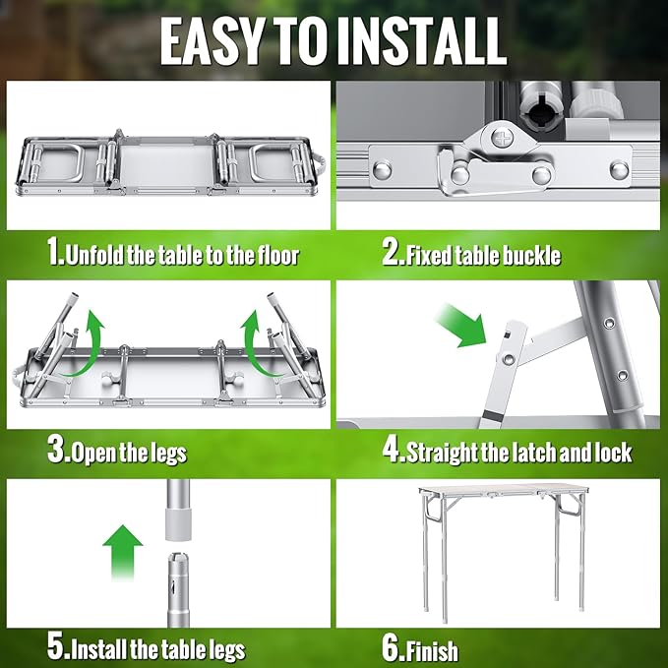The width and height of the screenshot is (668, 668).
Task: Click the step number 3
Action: (x=56, y=453)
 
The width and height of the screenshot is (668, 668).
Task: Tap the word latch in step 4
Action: (x=524, y=453)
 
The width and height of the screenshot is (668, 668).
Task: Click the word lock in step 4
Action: (x=609, y=453)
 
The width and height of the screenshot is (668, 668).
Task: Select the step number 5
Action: (x=55, y=648)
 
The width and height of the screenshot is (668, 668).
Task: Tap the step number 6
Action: (x=391, y=648)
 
